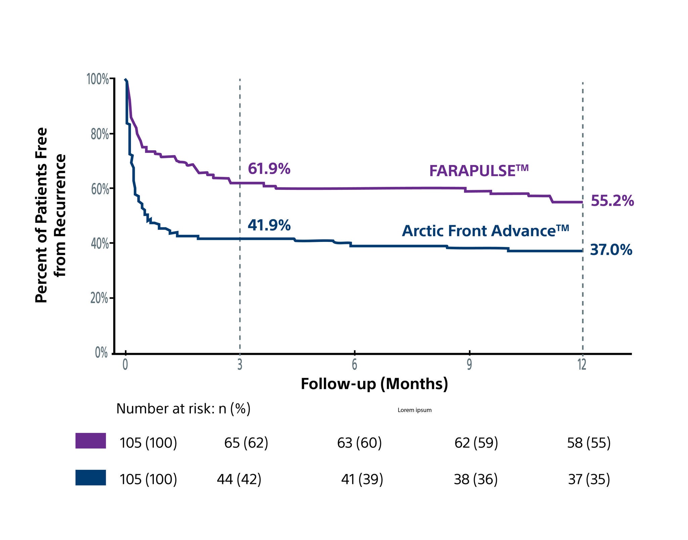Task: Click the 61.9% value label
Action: coord(269,169)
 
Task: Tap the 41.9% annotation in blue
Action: coord(269,225)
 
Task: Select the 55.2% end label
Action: coord(612,201)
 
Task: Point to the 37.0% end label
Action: coord(611,250)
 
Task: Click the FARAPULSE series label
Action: coord(478,170)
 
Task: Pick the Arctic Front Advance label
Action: coord(485,231)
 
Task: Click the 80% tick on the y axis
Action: coord(100,134)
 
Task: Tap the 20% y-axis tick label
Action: coord(99,298)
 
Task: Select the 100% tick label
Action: coord(98,80)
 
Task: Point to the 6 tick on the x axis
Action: coord(354,365)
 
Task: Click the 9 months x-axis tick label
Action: coord(469,365)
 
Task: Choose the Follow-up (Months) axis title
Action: coord(374,384)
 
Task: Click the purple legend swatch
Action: coord(91,441)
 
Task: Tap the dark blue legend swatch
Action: coord(91,477)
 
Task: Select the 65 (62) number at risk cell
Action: coord(246,443)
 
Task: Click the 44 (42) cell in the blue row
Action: coord(239,479)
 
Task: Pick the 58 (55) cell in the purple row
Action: coord(589,443)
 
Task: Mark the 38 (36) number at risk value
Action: coord(475,479)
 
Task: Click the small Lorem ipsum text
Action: coord(414,410)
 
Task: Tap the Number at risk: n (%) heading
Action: coord(183,409)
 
